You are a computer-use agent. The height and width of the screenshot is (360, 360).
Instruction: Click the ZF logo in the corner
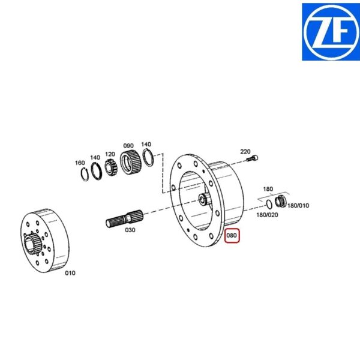coord(331,32)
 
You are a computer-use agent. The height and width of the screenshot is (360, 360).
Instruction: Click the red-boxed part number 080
coord(232,236)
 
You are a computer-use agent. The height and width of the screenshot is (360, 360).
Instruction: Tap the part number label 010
coord(70,273)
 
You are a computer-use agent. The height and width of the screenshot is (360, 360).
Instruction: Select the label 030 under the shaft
coord(130,230)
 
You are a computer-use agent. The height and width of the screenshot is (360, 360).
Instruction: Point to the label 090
coord(128,146)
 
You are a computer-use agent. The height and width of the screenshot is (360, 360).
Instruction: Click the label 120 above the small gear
coord(110,154)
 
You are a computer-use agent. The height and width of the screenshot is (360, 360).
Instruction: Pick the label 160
coord(80,163)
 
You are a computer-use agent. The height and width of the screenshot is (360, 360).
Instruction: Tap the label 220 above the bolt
coord(245,152)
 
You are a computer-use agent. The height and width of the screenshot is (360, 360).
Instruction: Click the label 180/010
coord(298,205)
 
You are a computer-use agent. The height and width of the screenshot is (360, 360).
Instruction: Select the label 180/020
coord(267,215)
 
